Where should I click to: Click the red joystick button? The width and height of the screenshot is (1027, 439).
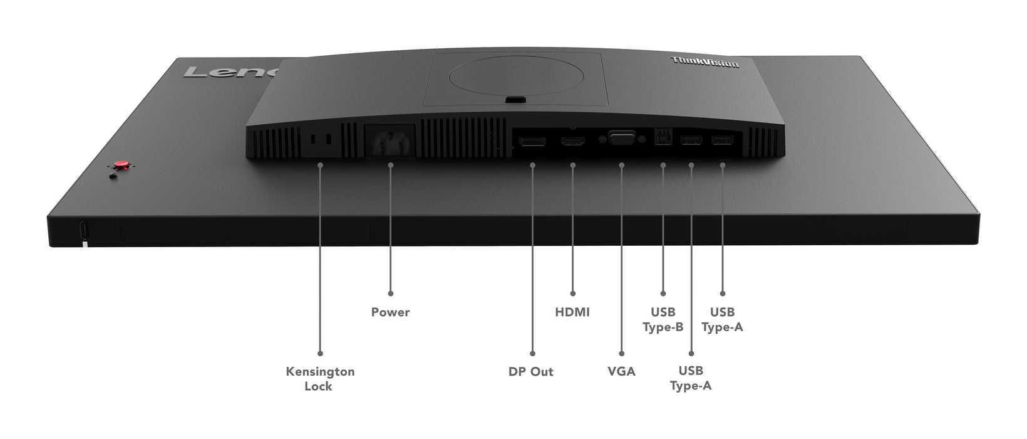(122, 166)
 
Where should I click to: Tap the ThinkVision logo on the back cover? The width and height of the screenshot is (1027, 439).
(704, 62)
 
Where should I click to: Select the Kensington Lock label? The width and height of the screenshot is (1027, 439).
(320, 379)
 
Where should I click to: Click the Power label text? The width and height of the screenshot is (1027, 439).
(390, 312)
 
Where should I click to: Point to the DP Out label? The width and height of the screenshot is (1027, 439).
(531, 371)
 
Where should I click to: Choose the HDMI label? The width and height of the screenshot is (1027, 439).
(572, 312)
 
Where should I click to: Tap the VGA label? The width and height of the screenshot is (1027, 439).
(621, 371)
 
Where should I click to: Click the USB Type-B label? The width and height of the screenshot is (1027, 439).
(663, 319)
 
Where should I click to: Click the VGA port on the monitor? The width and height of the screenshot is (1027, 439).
(621, 139)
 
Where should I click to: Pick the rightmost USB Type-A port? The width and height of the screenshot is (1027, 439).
(722, 140)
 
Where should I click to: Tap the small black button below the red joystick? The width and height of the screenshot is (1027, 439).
(113, 176)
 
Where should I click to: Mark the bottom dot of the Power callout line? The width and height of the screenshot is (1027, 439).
(390, 293)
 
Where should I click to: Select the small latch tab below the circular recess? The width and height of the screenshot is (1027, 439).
(516, 98)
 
